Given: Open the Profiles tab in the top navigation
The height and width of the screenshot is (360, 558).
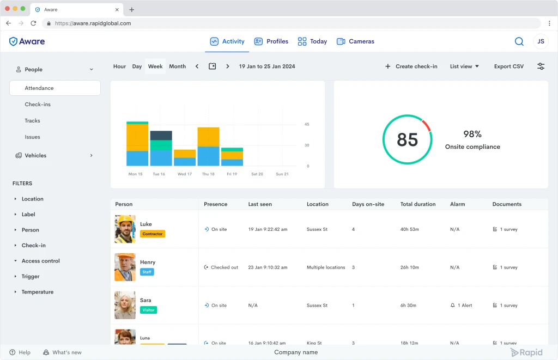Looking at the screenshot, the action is pyautogui.click(x=271, y=41).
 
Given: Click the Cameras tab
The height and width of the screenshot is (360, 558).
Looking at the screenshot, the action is pyautogui.click(x=355, y=41).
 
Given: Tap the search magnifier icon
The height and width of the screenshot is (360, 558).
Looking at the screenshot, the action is pyautogui.click(x=519, y=41).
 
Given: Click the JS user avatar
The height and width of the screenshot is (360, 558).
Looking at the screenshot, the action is pyautogui.click(x=541, y=41).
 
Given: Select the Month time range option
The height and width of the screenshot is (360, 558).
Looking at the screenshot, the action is pyautogui.click(x=177, y=66).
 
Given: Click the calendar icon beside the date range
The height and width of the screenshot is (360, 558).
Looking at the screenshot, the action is pyautogui.click(x=212, y=66).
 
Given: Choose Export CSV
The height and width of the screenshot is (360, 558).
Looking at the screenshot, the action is pyautogui.click(x=508, y=66).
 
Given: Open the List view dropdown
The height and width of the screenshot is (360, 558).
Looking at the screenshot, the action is pyautogui.click(x=464, y=66).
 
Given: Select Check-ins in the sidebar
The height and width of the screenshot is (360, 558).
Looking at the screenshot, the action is pyautogui.click(x=38, y=104).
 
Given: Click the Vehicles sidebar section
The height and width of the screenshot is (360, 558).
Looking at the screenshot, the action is pyautogui.click(x=35, y=155).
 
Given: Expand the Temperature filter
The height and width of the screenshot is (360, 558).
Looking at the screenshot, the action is pyautogui.click(x=38, y=292).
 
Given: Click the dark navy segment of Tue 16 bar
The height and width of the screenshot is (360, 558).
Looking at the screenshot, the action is pyautogui.click(x=161, y=136).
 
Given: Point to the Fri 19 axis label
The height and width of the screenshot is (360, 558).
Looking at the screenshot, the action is pyautogui.click(x=232, y=174).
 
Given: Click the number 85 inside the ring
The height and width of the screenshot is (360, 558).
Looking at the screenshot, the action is pyautogui.click(x=407, y=139).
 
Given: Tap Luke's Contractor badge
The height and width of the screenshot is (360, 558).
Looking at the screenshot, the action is pyautogui.click(x=153, y=234).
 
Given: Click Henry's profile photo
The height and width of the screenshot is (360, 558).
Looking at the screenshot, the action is pyautogui.click(x=125, y=267).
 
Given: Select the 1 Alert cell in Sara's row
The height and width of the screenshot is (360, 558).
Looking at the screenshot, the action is pyautogui.click(x=461, y=305).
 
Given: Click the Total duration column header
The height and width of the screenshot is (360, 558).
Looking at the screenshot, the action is pyautogui.click(x=418, y=204).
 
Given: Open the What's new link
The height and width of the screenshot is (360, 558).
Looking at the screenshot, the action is pyautogui.click(x=62, y=352).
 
